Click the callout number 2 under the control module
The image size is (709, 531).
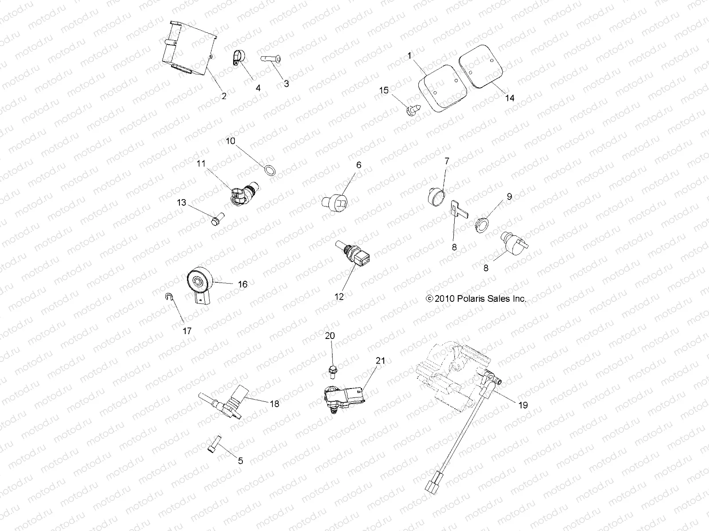coord(224,96)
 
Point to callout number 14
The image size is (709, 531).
coord(510,98)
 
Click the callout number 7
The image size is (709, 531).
coord(447,162)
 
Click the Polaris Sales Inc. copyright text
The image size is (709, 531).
coord(476,299)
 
